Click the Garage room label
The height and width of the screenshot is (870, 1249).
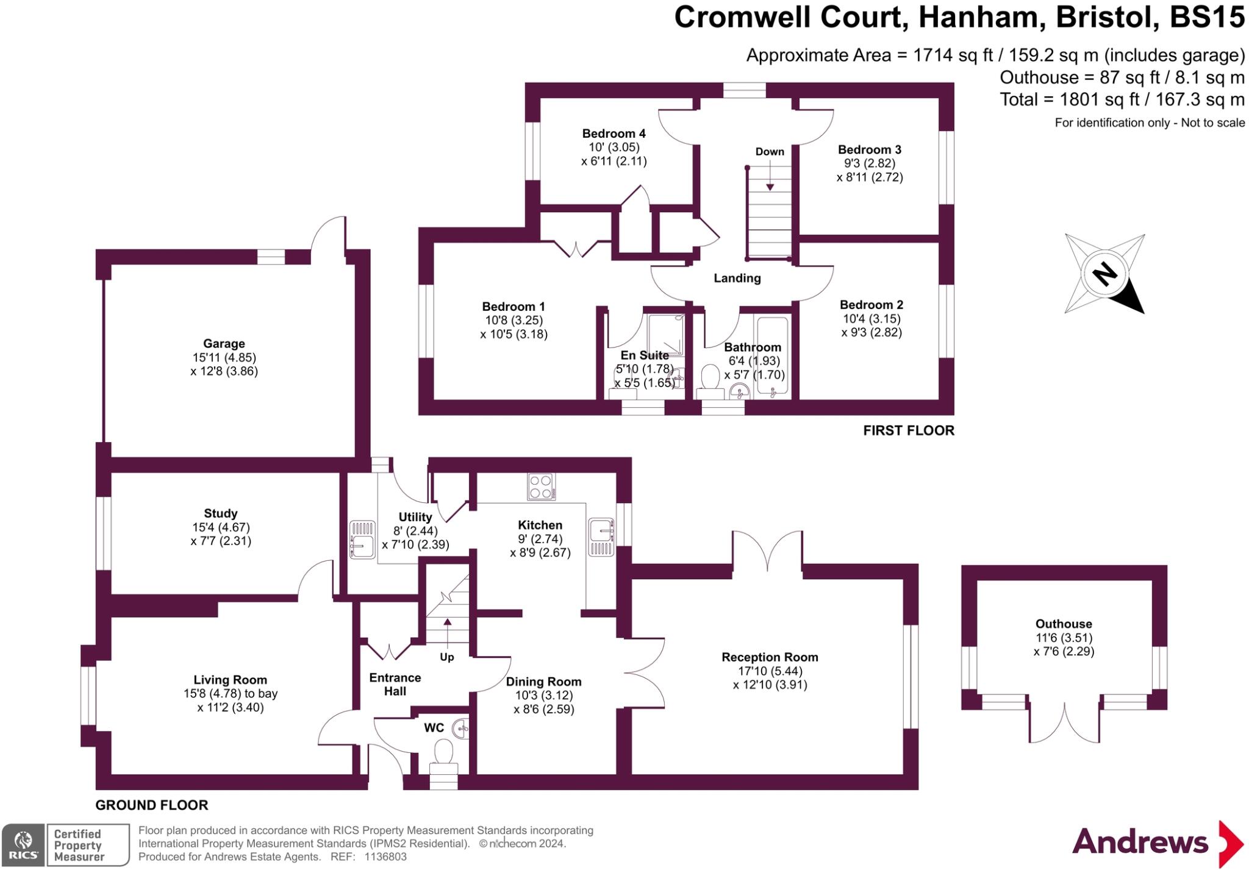click(x=224, y=344)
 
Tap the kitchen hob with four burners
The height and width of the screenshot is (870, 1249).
click(x=541, y=487)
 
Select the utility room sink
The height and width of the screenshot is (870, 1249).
click(x=362, y=540)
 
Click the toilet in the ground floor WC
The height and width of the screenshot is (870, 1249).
click(x=443, y=752)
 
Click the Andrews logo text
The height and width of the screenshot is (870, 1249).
click(x=1140, y=842)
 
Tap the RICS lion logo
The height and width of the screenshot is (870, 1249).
click(x=23, y=844)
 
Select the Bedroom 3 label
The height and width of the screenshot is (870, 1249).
click(x=869, y=149)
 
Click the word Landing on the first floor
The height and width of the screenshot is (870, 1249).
click(x=737, y=279)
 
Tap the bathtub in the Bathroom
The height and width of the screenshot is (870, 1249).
click(x=772, y=357)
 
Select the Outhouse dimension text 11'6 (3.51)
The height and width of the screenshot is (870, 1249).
click(x=1064, y=638)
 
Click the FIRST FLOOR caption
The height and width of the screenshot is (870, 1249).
click(x=908, y=430)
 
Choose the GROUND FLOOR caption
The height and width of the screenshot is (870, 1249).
click(x=152, y=805)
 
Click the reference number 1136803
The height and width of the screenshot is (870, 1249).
click(x=385, y=857)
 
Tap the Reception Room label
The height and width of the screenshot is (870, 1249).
click(x=770, y=657)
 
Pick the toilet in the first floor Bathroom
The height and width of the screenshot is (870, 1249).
click(x=710, y=377)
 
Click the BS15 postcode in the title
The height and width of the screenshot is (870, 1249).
click(x=1206, y=17)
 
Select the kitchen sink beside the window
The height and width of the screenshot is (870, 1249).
click(x=601, y=537)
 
